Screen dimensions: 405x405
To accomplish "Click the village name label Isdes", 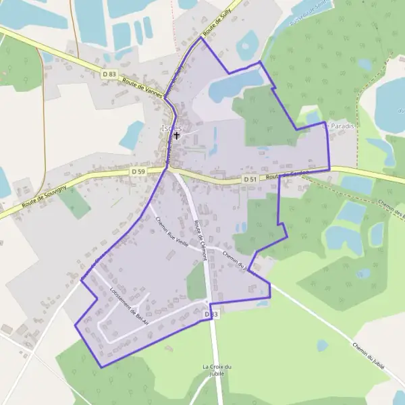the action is pos(171,127).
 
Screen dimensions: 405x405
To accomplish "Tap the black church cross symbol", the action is pos(176,136).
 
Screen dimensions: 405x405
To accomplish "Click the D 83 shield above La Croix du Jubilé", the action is pos(211,315).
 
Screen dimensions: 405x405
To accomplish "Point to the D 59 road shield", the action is pos(138,172).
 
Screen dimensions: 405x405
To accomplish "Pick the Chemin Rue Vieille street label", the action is pos(172,232).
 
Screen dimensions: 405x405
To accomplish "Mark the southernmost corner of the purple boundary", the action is pos(101,367).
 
